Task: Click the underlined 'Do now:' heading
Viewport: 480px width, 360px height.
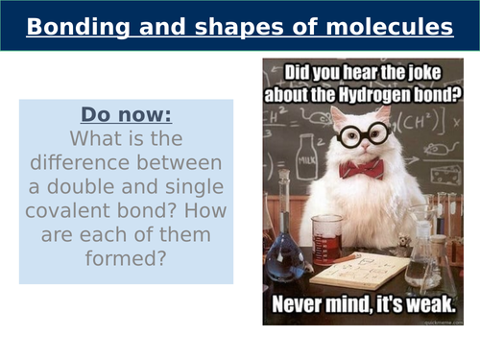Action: pos(126,115)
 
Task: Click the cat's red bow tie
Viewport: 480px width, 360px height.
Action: pos(361,169)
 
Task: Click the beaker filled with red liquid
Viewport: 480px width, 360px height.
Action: pos(326,239)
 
